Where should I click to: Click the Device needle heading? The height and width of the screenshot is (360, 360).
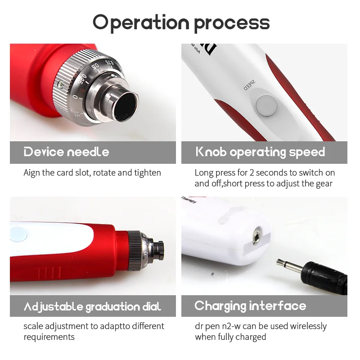point(66,152)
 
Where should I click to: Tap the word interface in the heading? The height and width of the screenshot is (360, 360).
point(278,306)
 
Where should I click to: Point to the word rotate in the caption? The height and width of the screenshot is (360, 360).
point(105,173)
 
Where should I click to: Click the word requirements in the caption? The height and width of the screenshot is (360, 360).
point(49,337)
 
